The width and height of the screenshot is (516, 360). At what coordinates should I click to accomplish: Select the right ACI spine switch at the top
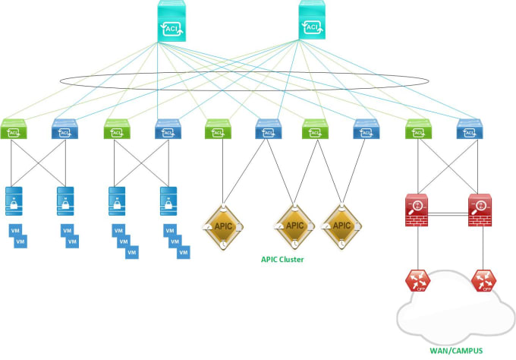coord(311,21)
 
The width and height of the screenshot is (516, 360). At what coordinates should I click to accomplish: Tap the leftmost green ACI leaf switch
coord(14,131)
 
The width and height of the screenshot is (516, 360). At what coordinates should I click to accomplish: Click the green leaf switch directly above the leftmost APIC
coord(218,131)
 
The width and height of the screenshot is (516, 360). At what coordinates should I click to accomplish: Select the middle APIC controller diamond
coord(294,226)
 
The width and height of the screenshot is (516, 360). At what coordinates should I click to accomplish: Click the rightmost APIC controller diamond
coord(341,226)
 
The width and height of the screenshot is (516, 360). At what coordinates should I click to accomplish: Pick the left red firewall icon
coord(417,210)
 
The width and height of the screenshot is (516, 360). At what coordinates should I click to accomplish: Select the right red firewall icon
coord(481,210)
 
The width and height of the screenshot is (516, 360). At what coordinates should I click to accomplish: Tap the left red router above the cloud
coord(418,281)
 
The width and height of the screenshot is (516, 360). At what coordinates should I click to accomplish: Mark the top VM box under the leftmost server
coord(14,230)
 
